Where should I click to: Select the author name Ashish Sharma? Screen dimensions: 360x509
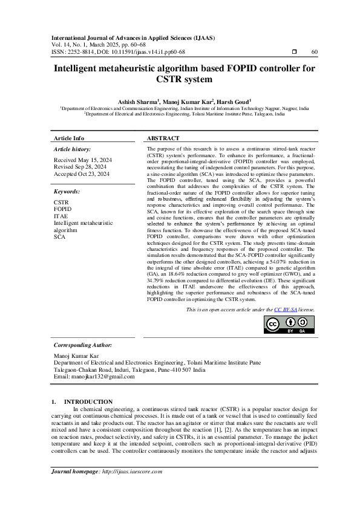click(x=137, y=102)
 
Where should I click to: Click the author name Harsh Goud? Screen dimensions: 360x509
click(x=232, y=102)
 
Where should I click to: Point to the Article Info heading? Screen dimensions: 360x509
click(x=69, y=138)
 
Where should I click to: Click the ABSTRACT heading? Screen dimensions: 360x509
click(x=163, y=138)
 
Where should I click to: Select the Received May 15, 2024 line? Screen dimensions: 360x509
click(x=80, y=160)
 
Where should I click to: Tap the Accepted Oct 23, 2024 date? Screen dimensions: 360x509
click(x=82, y=173)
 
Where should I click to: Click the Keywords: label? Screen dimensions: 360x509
click(x=67, y=191)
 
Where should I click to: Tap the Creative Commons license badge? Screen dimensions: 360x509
click(x=289, y=325)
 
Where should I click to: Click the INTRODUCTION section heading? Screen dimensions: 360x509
click(x=88, y=401)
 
